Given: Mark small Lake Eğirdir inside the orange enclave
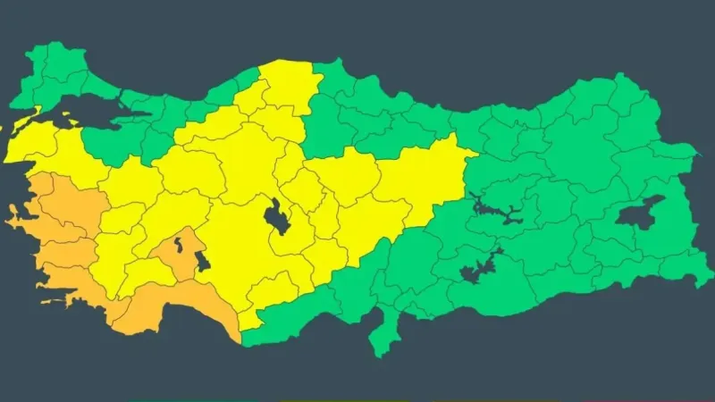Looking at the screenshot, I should click(x=180, y=243).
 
